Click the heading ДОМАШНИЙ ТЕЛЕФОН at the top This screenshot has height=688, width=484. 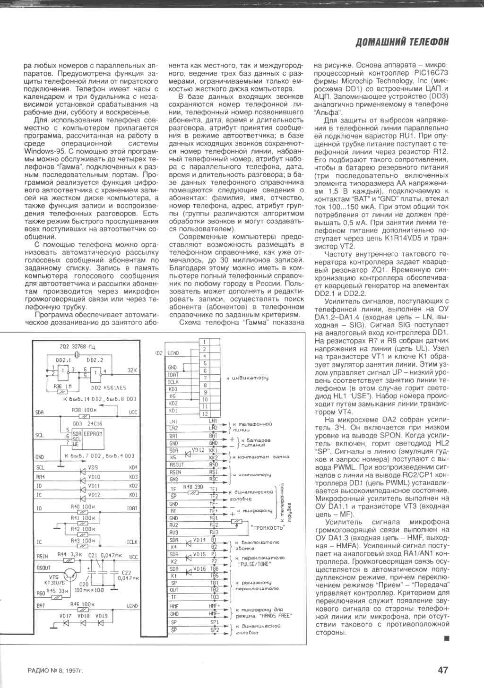401,42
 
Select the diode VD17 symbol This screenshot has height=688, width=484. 66,623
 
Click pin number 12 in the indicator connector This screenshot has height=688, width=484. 205,414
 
